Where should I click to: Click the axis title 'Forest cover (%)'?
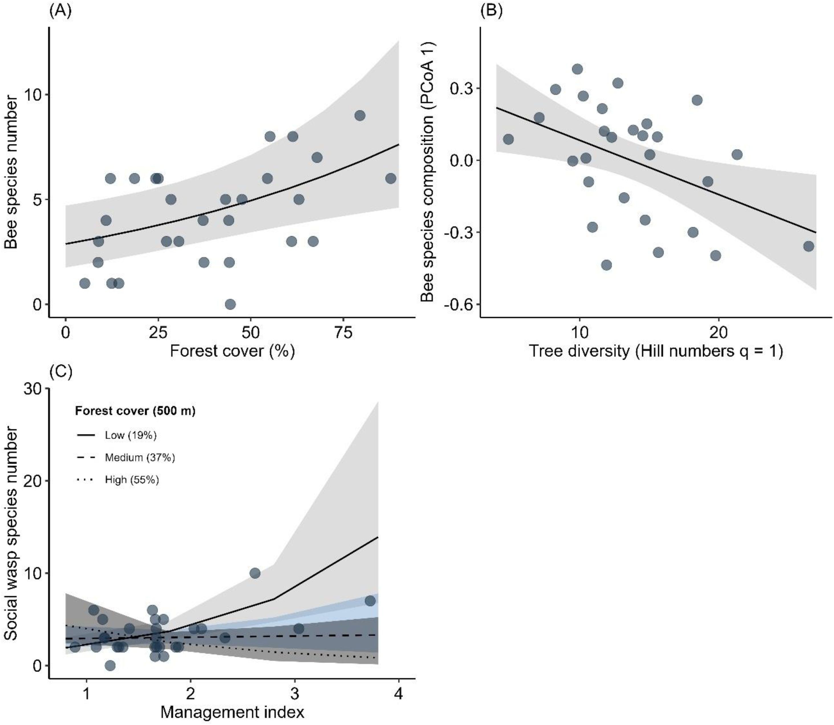click(232, 351)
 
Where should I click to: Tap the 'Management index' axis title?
click(232, 712)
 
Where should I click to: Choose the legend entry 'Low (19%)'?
click(130, 435)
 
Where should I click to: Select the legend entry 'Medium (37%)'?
click(139, 458)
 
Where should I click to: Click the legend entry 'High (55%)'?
click(132, 480)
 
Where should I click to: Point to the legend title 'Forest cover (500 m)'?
click(135, 411)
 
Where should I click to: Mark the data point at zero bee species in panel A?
click(230, 304)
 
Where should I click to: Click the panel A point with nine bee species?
click(360, 116)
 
